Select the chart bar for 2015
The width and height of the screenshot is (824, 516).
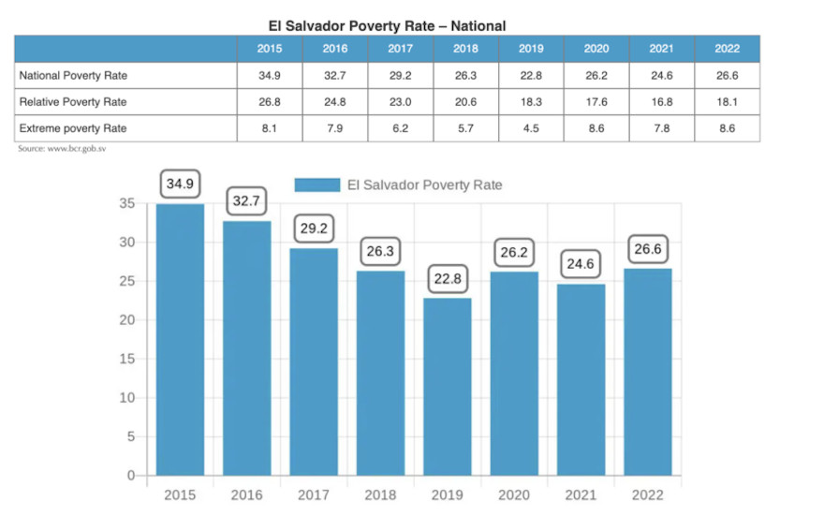(180, 339)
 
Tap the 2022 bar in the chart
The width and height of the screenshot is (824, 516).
(648, 371)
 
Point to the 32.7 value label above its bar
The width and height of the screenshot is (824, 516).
(246, 200)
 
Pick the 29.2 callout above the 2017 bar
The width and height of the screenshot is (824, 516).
(314, 228)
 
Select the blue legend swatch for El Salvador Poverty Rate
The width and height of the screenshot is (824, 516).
(316, 185)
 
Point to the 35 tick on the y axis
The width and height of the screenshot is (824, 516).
(127, 203)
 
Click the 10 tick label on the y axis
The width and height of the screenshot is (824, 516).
(127, 397)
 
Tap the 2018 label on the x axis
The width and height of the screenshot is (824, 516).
(380, 494)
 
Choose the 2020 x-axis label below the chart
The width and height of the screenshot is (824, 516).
(514, 494)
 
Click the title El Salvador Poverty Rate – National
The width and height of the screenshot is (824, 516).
(387, 26)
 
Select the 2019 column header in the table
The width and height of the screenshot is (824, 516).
(531, 49)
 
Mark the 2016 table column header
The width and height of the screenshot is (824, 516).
(335, 49)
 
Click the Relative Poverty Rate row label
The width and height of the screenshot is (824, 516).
(72, 101)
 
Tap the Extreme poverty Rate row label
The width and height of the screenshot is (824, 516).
(72, 127)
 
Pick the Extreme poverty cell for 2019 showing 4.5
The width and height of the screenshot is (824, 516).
(531, 127)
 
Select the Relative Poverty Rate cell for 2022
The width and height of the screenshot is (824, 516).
(727, 101)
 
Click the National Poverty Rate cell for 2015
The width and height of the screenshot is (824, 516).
(270, 75)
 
